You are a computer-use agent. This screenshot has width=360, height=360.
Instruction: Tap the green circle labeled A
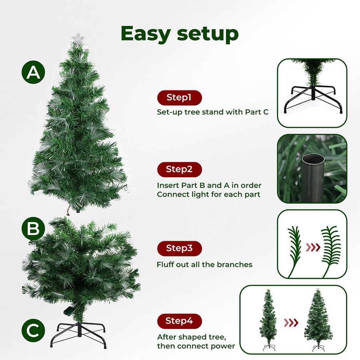[34, 72]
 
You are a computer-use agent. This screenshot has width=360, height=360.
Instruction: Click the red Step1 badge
[179, 97]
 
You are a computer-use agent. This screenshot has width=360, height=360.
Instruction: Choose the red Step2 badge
[179, 169]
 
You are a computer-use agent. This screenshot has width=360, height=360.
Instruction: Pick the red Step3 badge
[179, 248]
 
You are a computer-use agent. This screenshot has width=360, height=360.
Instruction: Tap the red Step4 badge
[179, 321]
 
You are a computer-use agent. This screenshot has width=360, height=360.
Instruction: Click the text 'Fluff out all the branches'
[204, 264]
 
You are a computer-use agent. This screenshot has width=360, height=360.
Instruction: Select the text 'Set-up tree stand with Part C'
[212, 112]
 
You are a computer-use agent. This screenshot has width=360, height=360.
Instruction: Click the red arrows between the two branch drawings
[313, 248]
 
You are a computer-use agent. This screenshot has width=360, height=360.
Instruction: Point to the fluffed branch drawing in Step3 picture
[331, 250]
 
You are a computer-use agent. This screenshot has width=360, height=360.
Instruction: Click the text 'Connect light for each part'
[208, 194]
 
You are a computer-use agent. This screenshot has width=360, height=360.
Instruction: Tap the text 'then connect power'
[196, 346]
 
